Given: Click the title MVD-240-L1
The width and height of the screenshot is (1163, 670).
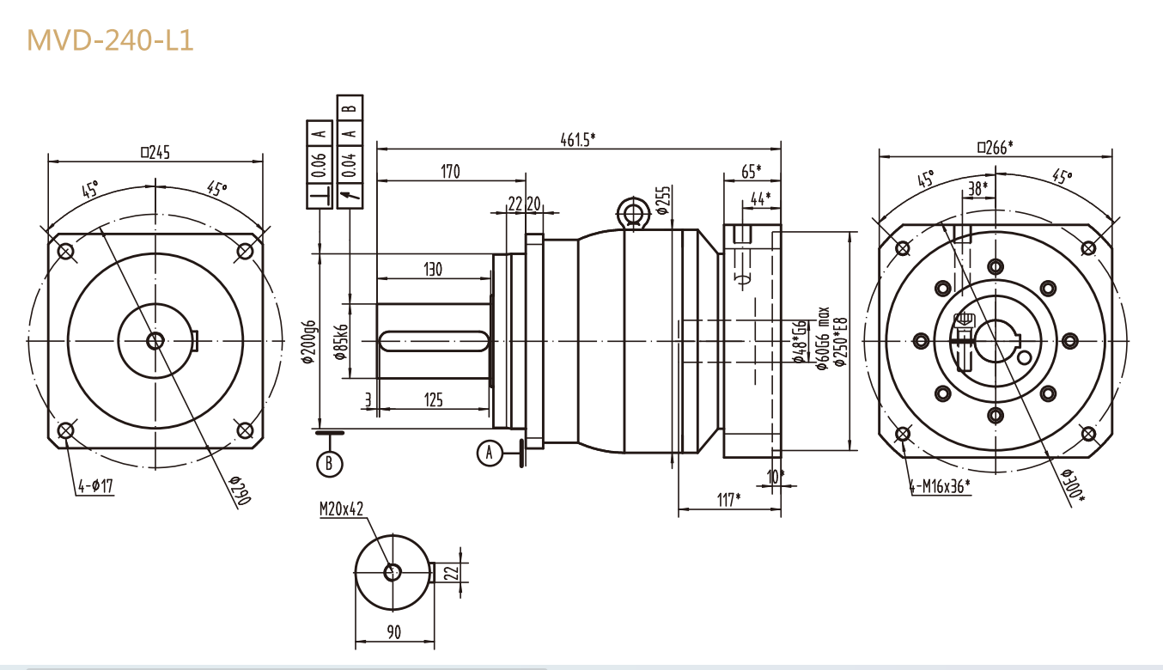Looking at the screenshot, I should [x=110, y=40].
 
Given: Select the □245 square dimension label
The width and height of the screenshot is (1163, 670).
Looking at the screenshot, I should [x=155, y=152].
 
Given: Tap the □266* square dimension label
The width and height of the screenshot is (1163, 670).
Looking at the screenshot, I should [x=995, y=147].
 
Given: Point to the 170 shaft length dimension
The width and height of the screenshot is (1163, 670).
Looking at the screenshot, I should [x=450, y=172].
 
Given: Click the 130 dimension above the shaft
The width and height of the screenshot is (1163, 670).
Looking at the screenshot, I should [x=432, y=270].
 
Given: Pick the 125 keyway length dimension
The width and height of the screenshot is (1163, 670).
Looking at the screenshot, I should [x=434, y=399].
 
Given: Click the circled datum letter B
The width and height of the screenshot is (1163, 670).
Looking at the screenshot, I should [x=329, y=464].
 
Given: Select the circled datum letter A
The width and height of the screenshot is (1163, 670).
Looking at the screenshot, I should [x=489, y=453].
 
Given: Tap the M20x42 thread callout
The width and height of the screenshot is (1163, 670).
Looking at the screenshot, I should [x=342, y=509].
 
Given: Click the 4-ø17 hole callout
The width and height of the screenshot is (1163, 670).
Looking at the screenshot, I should [x=95, y=487].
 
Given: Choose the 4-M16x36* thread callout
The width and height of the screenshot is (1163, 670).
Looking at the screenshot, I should [x=940, y=486].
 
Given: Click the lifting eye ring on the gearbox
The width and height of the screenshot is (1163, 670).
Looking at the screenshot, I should [x=634, y=211].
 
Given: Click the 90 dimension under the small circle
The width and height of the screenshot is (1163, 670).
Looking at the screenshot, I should [x=393, y=632].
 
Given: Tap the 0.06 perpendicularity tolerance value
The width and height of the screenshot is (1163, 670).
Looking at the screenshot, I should [x=320, y=164].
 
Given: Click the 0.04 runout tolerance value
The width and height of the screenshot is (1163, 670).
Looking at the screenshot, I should [x=350, y=164].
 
